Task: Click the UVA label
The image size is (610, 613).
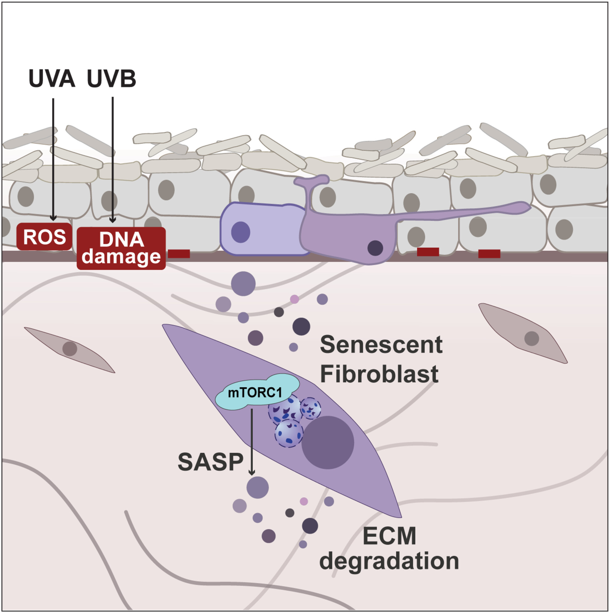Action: [52, 78]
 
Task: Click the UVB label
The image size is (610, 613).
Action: [111, 78]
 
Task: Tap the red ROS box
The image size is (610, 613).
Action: [44, 237]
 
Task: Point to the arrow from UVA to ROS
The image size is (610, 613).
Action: [53, 159]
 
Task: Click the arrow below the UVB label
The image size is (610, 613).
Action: [113, 159]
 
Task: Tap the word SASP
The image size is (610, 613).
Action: [211, 462]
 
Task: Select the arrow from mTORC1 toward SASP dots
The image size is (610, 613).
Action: [252, 441]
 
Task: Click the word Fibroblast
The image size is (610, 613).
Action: [379, 374]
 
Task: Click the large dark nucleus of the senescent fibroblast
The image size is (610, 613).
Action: [328, 443]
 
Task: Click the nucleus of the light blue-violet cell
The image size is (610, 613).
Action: [240, 232]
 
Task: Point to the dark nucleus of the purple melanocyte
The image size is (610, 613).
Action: [375, 248]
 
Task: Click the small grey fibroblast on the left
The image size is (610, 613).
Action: [70, 349]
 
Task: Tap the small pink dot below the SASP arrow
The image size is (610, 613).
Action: [304, 501]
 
